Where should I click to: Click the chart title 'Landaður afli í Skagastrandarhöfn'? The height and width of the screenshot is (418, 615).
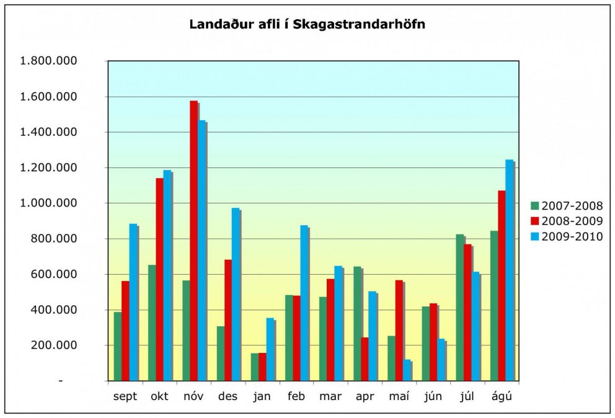click(x=307, y=25)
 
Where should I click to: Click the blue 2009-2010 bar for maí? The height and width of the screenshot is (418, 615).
click(x=407, y=370)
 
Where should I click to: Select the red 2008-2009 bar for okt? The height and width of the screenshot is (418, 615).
click(x=159, y=279)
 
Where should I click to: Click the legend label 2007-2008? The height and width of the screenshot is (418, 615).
click(x=572, y=206)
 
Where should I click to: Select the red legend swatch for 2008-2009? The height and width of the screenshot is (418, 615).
click(x=534, y=221)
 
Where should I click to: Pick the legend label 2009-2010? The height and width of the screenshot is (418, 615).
click(x=572, y=236)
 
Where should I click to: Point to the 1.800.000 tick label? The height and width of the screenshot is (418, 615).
click(x=49, y=61)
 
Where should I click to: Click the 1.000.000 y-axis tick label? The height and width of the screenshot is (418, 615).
click(x=49, y=203)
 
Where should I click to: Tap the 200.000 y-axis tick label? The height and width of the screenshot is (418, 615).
click(x=53, y=345)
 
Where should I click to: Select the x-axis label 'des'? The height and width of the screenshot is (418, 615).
click(x=228, y=397)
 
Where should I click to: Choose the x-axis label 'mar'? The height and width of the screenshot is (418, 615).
click(x=330, y=397)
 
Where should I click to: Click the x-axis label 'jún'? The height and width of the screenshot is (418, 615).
click(x=433, y=397)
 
